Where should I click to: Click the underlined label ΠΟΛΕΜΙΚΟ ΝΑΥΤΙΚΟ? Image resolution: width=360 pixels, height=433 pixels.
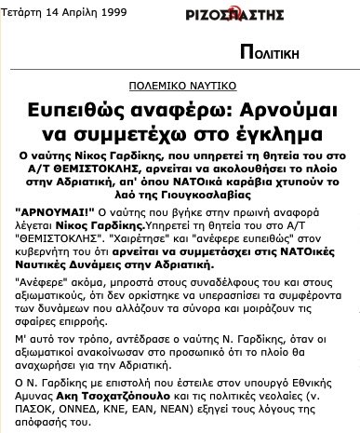[180, 82]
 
